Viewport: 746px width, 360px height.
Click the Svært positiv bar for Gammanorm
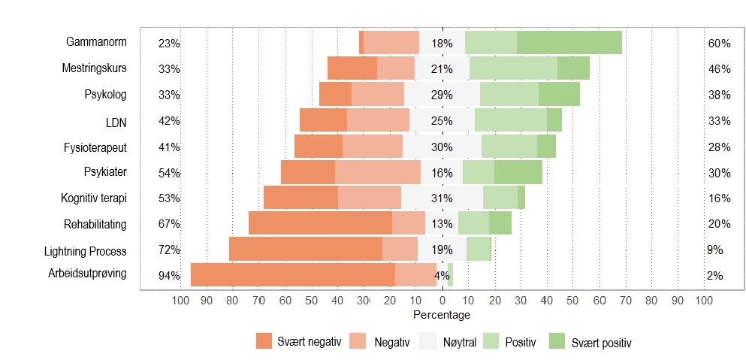pos(569,42)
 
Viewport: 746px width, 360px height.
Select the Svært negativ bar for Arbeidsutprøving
pos(292,274)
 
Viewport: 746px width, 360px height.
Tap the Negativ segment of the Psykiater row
pos(377,172)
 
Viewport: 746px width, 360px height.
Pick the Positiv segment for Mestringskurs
pos(513,68)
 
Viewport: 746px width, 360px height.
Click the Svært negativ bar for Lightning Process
pos(305,249)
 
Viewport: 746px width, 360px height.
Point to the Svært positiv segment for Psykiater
pos(518,172)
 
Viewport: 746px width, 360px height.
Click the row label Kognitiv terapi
pos(94,198)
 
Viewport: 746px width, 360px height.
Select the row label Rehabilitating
pos(95,224)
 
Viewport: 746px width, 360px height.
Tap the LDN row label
pos(116,121)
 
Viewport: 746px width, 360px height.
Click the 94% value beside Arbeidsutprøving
pos(169,276)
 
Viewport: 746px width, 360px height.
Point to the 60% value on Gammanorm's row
pos(719,44)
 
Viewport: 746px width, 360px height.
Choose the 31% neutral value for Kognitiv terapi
pos(442,198)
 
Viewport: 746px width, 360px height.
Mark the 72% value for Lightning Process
pos(169,250)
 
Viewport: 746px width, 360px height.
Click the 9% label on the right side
pos(714,250)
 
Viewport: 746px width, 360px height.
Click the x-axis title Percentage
pos(442,314)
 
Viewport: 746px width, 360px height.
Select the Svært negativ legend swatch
pos(264,341)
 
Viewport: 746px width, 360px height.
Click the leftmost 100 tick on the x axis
pos(180,301)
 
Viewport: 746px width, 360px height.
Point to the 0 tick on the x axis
pos(442,301)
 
